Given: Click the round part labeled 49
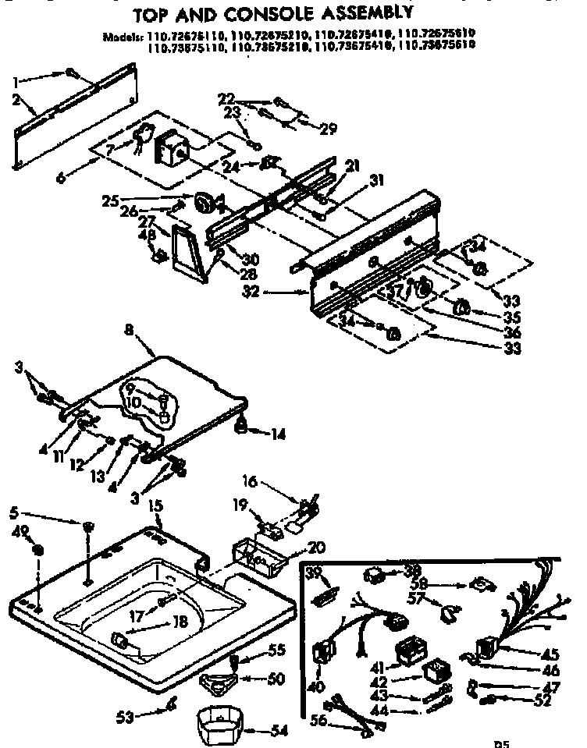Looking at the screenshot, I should tap(37, 551).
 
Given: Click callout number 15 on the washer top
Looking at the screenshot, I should tap(155, 506).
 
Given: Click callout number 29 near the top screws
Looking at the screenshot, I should tap(328, 129).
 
